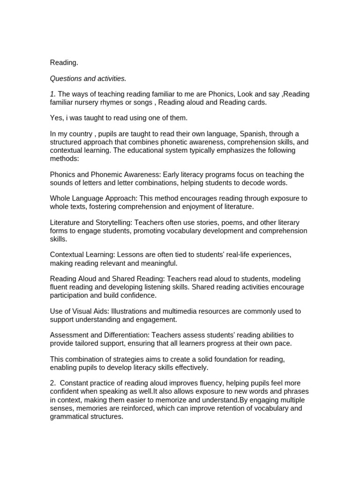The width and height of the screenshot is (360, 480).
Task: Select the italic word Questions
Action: point(67,78)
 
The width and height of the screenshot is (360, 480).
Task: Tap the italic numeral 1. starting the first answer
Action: point(52,94)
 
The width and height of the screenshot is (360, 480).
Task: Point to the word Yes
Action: point(56,118)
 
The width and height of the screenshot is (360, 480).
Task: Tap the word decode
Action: point(262,182)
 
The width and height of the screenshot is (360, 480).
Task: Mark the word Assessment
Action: point(67,335)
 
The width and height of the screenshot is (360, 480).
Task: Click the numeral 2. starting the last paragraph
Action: point(53,383)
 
